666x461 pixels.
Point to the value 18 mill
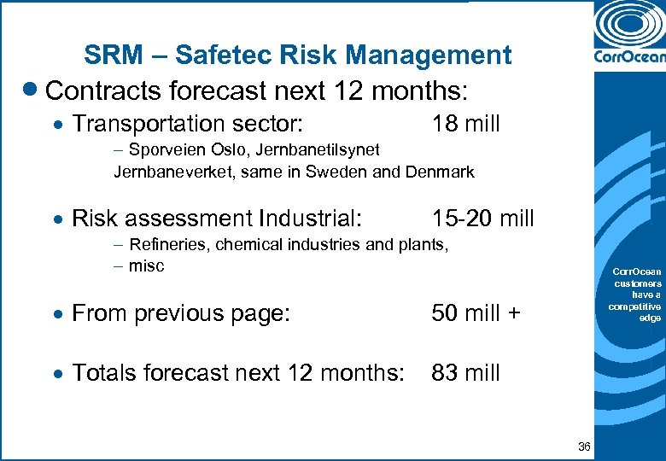point(465,124)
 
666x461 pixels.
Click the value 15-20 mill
point(482,219)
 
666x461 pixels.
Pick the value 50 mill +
point(476,313)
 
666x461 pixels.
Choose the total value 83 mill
point(465,373)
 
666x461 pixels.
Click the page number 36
point(584,446)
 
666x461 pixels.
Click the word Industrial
point(302,219)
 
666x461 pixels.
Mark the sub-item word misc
point(146,266)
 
